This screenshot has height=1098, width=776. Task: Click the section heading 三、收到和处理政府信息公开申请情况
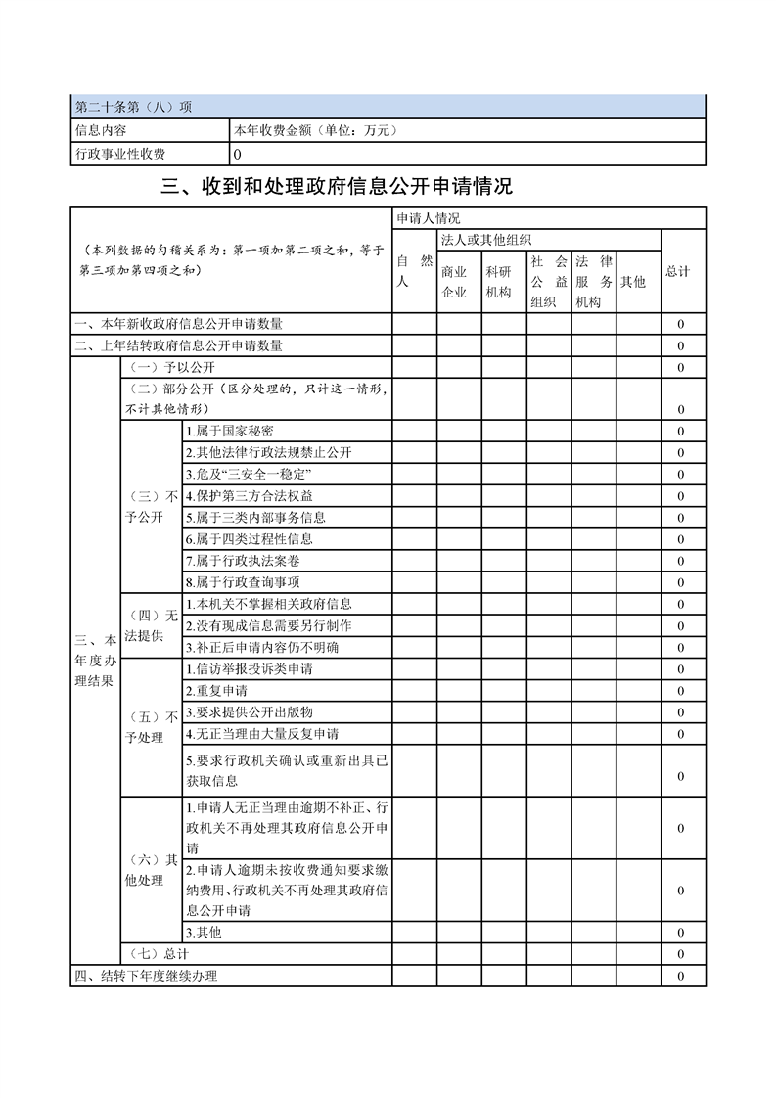[337, 187]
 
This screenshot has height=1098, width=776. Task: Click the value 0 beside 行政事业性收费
[238, 154]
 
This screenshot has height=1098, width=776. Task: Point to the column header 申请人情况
[428, 218]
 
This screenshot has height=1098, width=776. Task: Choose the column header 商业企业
[454, 282]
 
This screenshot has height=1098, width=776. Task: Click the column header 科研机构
[498, 282]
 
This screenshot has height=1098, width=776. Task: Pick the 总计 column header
[678, 271]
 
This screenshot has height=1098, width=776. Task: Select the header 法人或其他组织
[486, 240]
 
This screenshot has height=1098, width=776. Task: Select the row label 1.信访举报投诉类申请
[250, 669]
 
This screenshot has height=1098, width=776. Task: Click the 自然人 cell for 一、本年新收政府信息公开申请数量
[415, 324]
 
